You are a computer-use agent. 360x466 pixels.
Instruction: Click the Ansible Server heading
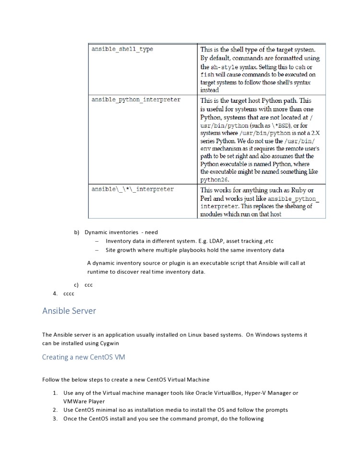click(x=69, y=311)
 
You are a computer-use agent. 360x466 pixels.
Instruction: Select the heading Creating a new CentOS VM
click(x=84, y=357)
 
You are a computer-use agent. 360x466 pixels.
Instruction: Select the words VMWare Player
click(x=84, y=402)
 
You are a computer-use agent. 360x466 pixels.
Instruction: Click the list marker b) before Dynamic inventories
click(x=76, y=233)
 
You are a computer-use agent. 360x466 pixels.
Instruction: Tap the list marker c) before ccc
click(x=76, y=285)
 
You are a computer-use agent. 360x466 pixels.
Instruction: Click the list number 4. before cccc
click(x=56, y=294)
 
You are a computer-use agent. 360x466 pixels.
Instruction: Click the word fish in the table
click(x=206, y=75)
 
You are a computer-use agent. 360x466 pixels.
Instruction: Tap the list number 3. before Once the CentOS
click(x=56, y=419)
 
